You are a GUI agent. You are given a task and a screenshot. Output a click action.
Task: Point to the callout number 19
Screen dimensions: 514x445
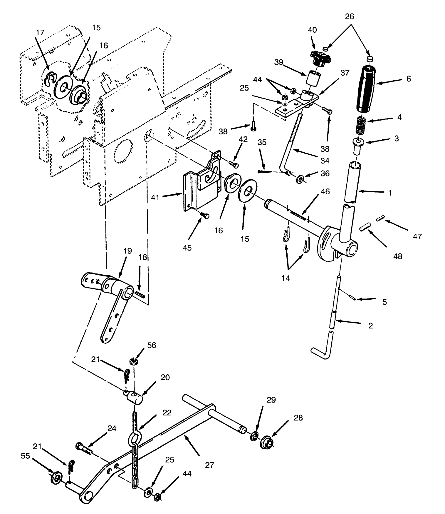tap(127, 251)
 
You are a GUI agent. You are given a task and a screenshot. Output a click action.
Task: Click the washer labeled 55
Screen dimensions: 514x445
tap(56, 476)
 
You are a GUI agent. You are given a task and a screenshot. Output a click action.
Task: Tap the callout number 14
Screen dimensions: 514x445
tap(286, 278)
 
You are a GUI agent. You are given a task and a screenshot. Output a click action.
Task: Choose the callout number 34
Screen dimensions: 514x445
tap(325, 161)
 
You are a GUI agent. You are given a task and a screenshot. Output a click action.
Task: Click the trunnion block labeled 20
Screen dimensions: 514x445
tap(134, 398)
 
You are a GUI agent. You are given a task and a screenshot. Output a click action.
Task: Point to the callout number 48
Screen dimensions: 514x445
tap(398, 256)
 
